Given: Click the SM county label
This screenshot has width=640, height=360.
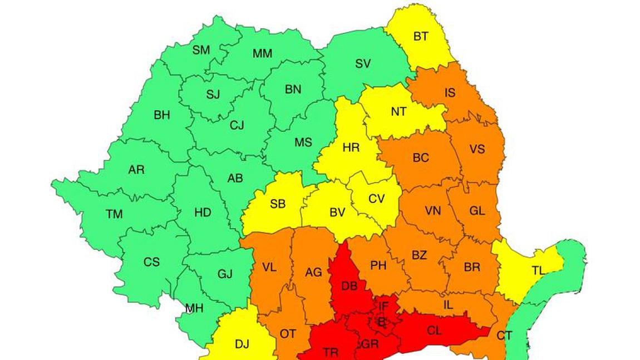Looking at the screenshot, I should pos(201,50).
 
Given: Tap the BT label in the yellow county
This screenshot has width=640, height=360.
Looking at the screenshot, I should pos(421,37).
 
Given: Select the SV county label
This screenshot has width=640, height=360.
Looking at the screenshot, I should pos(363,63).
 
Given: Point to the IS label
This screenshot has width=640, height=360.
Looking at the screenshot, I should pos(450,93).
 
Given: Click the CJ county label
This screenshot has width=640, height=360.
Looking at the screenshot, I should pos(237,126).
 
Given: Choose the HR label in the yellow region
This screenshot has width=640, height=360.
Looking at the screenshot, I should pos(351,148).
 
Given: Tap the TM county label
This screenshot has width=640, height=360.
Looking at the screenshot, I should pos(114,214).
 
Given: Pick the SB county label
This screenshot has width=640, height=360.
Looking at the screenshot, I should pos(278,204).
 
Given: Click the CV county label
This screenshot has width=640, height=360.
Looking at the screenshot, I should pos(377,199).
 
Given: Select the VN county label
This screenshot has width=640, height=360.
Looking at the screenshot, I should pos(432,211).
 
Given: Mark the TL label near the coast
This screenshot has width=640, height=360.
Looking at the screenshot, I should pos(538,271).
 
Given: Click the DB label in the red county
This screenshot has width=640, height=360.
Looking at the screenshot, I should pos(349,286).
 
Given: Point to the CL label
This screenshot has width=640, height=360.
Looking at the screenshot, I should pos(434,331).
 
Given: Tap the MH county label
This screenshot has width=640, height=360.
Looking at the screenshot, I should pos(194,308).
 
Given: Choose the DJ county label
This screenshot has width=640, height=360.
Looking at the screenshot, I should pos(242,344).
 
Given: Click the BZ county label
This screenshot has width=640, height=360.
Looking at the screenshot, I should pos(419,255).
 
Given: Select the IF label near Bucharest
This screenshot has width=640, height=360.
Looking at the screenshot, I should pos(383,305).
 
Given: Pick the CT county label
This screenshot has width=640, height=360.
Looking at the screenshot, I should pos(504,336).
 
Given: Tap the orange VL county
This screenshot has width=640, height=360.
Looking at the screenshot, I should pos(269,268).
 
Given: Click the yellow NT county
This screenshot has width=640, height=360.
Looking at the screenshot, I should pos(398,111).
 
